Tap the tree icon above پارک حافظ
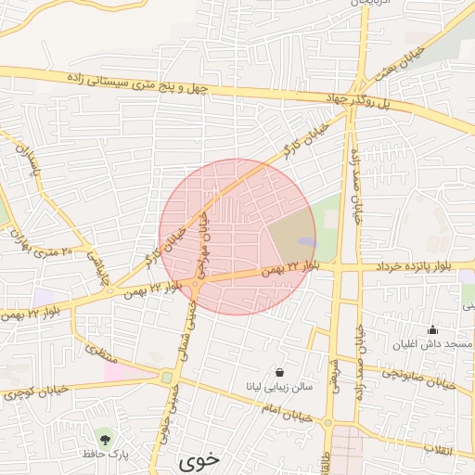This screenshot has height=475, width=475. [103, 437]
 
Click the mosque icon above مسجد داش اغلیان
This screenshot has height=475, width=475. [431, 329]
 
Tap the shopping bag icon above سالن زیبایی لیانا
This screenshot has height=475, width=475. [279, 373]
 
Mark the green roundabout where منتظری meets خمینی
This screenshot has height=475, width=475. [166, 378]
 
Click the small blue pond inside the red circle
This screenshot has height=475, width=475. [306, 243]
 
